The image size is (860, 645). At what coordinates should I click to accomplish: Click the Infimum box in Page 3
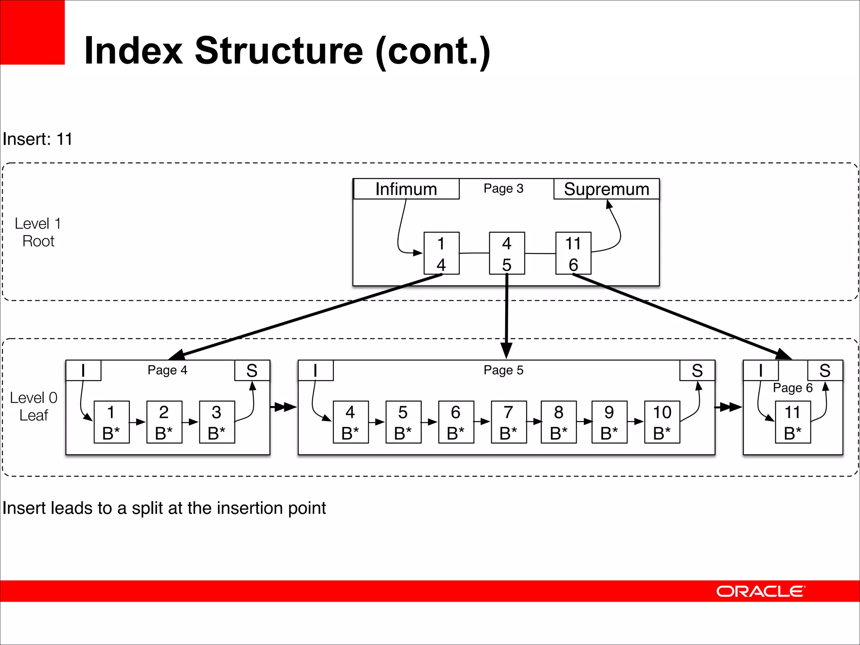point(406,189)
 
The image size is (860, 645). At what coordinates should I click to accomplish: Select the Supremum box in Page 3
point(606,189)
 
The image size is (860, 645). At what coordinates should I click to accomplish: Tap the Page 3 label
point(503,189)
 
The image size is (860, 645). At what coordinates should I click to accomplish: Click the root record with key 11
point(573,253)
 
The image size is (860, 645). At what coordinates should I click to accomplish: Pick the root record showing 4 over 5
point(507,253)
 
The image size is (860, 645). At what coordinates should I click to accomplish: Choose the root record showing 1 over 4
point(441,253)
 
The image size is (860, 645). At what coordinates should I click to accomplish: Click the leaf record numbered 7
point(509,422)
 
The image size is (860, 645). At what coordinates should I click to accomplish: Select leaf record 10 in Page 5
point(662,422)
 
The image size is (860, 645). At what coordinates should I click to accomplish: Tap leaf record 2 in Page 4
point(164,422)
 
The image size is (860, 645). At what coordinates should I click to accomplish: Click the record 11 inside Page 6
point(792,422)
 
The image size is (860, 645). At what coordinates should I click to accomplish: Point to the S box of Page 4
point(252,370)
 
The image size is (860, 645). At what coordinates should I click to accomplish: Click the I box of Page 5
point(315,370)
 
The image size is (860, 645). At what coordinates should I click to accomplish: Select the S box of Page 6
point(825,370)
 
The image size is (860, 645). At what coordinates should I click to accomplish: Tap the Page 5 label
point(503,370)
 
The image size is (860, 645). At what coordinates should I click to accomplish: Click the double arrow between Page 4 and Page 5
point(284,407)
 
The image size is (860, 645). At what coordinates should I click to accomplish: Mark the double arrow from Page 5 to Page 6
point(729,407)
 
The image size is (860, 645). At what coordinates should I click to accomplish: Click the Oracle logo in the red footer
point(760,591)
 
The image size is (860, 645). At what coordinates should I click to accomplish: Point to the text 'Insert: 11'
point(38,139)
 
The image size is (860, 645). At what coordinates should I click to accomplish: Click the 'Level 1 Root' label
point(38,232)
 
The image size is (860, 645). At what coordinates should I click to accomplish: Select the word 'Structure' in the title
point(279,51)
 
